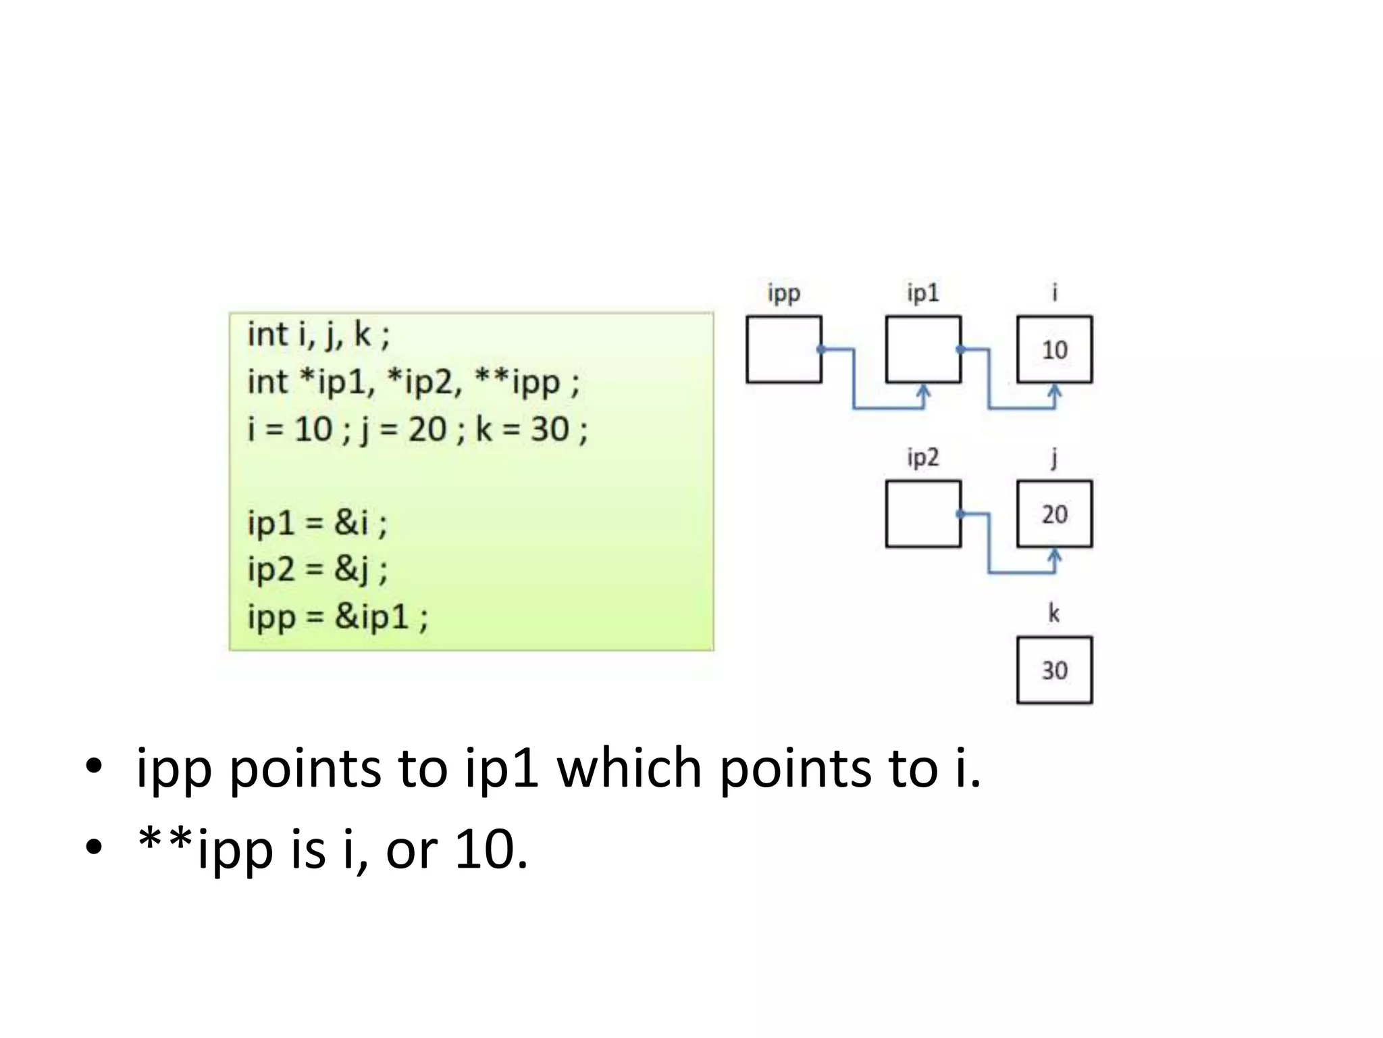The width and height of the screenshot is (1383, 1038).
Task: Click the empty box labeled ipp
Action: pyautogui.click(x=783, y=349)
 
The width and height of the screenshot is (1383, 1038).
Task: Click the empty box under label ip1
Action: pyautogui.click(x=922, y=349)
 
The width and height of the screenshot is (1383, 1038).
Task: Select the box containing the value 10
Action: pyautogui.click(x=1054, y=349)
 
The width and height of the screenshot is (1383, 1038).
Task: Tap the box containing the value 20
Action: pyautogui.click(x=1054, y=514)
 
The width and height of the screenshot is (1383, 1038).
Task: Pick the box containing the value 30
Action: pyautogui.click(x=1054, y=670)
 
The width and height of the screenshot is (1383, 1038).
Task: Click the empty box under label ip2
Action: pyautogui.click(x=922, y=514)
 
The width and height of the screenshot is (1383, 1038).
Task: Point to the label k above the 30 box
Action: pyautogui.click(x=1053, y=614)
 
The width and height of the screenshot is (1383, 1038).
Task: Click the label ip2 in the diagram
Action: pyautogui.click(x=922, y=458)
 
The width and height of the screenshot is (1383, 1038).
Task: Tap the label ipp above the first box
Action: pyautogui.click(x=783, y=293)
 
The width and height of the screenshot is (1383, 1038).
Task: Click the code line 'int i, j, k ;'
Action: pyautogui.click(x=318, y=335)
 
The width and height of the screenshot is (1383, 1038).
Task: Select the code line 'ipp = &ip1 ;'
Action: pyautogui.click(x=338, y=616)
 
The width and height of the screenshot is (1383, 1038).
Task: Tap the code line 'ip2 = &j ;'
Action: pyautogui.click(x=317, y=569)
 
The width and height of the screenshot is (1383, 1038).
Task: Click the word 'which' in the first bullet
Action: pyautogui.click(x=629, y=768)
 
